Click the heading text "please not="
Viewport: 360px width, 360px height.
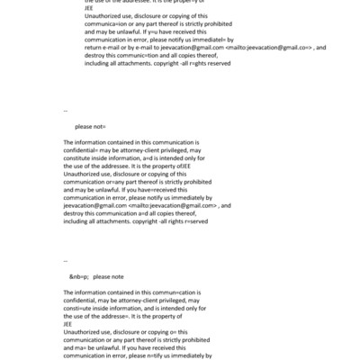[90, 128]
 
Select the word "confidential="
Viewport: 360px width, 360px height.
[85, 149]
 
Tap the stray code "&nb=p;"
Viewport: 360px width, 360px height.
[79, 276]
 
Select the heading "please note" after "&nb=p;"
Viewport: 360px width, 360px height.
[108, 276]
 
